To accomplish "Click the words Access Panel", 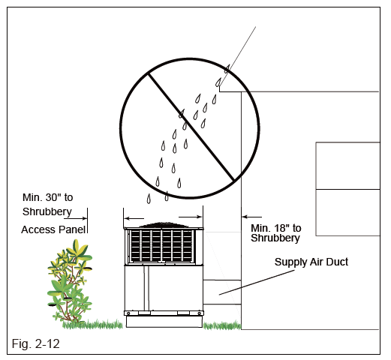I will click(53, 229).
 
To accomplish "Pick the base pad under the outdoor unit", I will click(164, 321).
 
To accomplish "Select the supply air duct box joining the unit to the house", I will click(221, 291).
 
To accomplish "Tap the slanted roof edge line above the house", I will click(240, 52).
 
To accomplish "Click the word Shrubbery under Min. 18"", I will click(275, 238).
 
